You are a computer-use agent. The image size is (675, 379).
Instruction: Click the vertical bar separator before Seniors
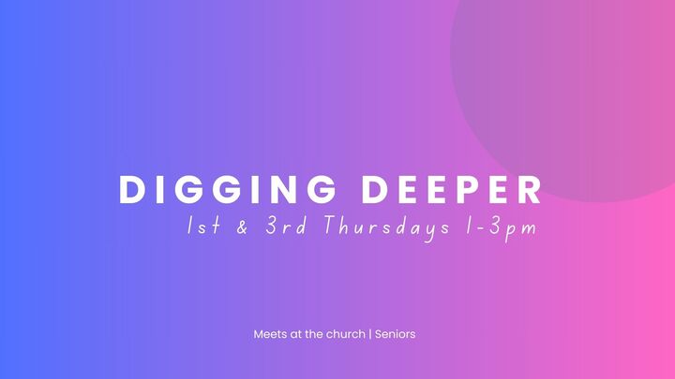tap(369, 333)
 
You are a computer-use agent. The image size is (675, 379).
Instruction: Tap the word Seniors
tap(395, 333)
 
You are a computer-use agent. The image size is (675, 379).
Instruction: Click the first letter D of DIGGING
tap(131, 190)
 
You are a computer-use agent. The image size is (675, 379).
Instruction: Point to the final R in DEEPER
tap(530, 190)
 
